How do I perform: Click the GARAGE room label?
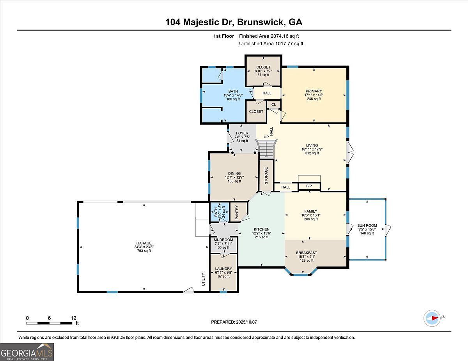(144, 243)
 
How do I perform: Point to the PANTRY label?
(237, 212)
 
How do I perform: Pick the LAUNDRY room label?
(224, 269)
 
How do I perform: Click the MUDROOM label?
(223, 240)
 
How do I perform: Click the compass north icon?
(432, 318)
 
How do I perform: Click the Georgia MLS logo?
(27, 352)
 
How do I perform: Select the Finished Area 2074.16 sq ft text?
(271, 36)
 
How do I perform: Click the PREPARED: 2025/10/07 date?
(234, 322)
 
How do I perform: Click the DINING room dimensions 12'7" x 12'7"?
(234, 178)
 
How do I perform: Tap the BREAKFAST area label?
(307, 253)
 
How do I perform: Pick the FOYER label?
(242, 133)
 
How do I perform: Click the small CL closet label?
(273, 104)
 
